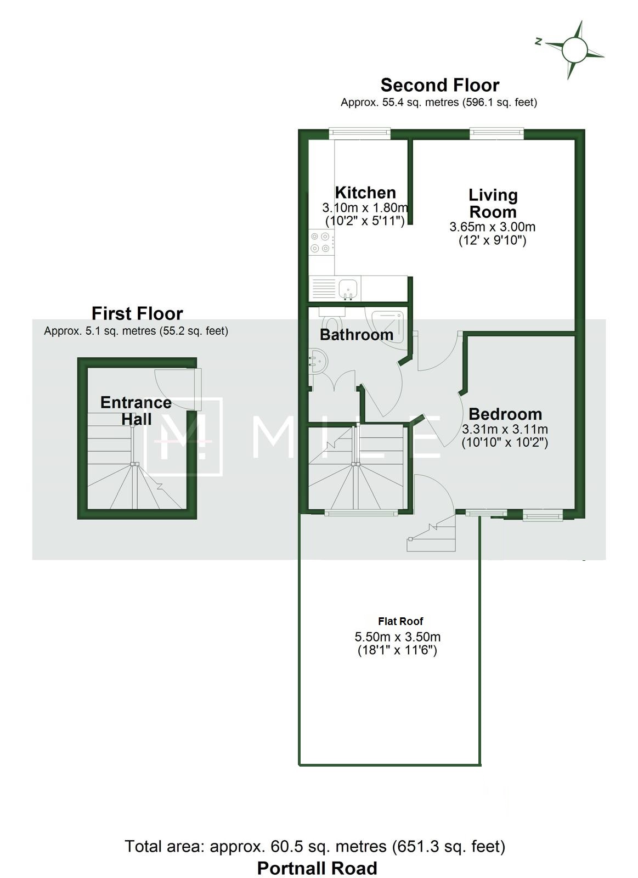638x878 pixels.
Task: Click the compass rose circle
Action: pyautogui.click(x=574, y=50)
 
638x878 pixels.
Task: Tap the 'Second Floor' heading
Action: pyautogui.click(x=440, y=85)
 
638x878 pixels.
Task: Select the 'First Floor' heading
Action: pyautogui.click(x=137, y=313)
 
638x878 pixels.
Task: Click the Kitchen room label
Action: pyautogui.click(x=365, y=193)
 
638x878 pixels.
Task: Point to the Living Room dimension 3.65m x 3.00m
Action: pyautogui.click(x=492, y=227)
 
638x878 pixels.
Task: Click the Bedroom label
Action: pyautogui.click(x=505, y=414)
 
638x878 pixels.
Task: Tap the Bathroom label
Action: pyautogui.click(x=357, y=334)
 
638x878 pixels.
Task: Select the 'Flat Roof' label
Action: pyautogui.click(x=400, y=621)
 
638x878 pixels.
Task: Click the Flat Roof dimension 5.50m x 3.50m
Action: pyautogui.click(x=397, y=637)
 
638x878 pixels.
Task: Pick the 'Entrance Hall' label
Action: pyautogui.click(x=136, y=411)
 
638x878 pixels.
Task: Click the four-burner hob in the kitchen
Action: pyautogui.click(x=321, y=242)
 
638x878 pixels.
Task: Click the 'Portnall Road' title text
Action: pyautogui.click(x=317, y=868)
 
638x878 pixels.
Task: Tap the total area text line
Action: pyautogui.click(x=315, y=846)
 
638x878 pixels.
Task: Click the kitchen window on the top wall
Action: pyautogui.click(x=360, y=133)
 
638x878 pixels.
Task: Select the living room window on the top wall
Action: pyautogui.click(x=496, y=133)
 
